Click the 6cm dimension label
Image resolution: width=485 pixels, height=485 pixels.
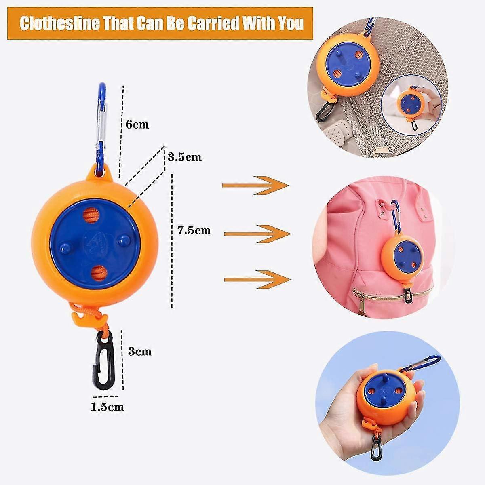[x=137, y=124]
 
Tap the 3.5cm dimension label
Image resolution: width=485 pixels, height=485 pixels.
[x=185, y=157]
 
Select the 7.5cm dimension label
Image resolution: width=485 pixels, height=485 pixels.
[x=194, y=230]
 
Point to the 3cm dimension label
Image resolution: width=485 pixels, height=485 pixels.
[x=140, y=352]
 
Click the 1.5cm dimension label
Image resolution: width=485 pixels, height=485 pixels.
[x=107, y=407]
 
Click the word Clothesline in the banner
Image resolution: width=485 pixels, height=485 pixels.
[x=60, y=23]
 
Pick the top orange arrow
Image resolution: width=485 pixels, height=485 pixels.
[x=255, y=186]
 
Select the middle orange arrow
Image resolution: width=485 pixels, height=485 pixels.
[x=257, y=234]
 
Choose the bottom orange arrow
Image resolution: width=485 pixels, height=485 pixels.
[x=257, y=280]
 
